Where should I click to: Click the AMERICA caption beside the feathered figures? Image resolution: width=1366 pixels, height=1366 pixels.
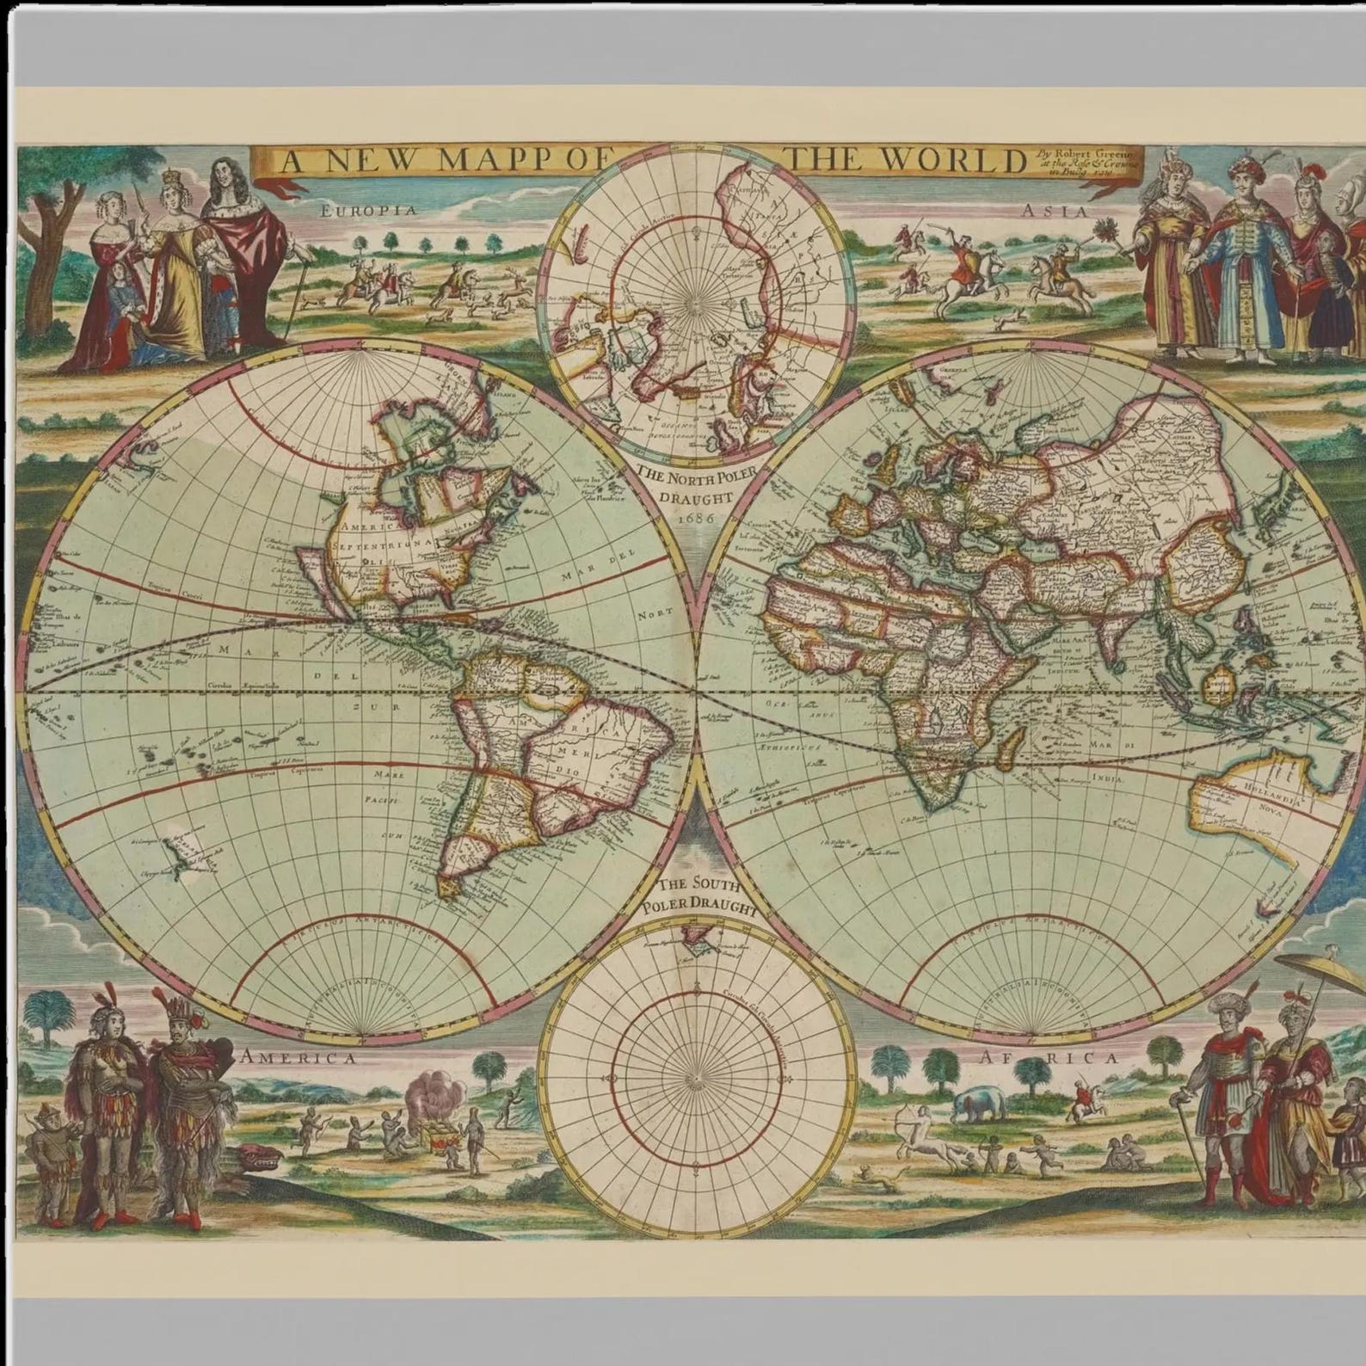(300, 1058)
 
